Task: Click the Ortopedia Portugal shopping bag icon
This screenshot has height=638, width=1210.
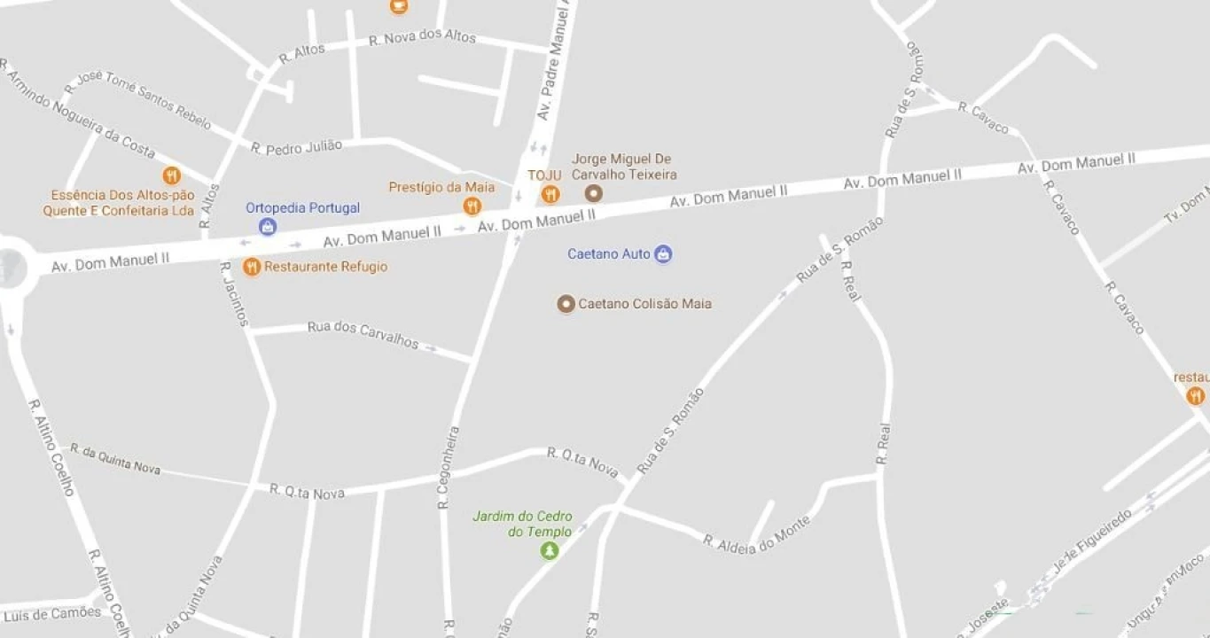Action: [268, 227]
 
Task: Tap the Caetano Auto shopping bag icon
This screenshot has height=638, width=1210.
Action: [663, 254]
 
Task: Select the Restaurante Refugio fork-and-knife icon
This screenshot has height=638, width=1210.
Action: [252, 267]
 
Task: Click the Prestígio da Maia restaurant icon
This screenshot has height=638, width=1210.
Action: [472, 206]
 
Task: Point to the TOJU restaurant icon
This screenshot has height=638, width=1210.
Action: [550, 194]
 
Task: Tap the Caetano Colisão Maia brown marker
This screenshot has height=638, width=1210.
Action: [566, 304]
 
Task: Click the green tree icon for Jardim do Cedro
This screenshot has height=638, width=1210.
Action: [550, 551]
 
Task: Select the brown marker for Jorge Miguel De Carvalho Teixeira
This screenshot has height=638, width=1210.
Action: [594, 193]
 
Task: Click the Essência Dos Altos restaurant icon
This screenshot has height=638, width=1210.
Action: [172, 175]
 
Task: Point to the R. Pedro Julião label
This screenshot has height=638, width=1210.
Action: [296, 147]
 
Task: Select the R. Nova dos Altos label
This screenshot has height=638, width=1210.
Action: [422, 38]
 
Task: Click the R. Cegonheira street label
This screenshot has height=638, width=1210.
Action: [448, 468]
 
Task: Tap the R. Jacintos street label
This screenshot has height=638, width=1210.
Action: [235, 293]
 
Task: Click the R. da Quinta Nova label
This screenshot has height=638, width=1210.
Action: [115, 459]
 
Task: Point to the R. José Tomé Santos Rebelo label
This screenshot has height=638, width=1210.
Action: [137, 100]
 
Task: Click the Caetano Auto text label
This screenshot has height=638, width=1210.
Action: [609, 254]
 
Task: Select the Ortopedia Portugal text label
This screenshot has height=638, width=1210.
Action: [303, 208]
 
